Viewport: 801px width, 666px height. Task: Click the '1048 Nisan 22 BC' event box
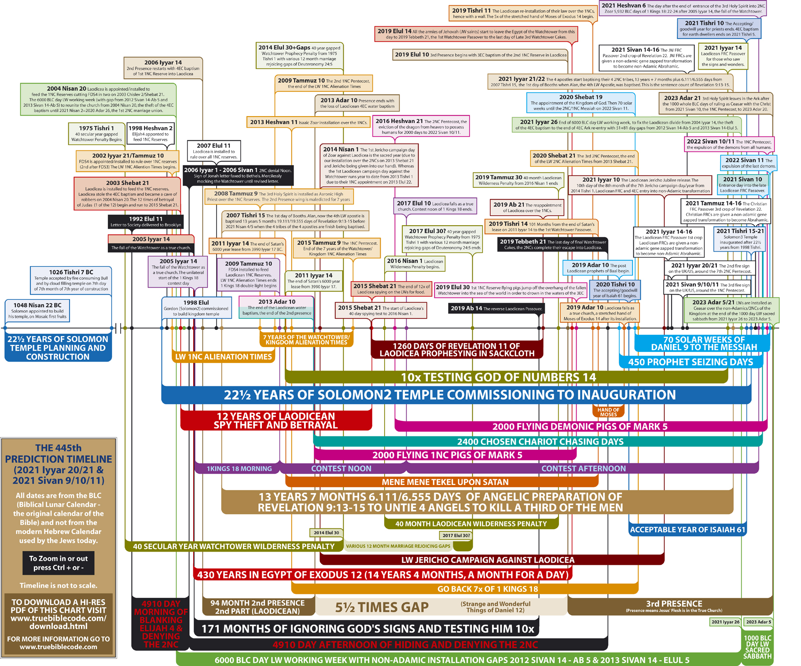click(x=37, y=311)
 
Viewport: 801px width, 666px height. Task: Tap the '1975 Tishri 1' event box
click(x=96, y=133)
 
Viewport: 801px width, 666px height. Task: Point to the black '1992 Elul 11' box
click(x=145, y=221)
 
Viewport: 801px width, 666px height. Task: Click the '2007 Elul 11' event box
click(x=213, y=151)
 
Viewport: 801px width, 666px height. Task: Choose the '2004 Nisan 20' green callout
click(x=98, y=100)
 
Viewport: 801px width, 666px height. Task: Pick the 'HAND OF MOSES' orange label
click(x=608, y=412)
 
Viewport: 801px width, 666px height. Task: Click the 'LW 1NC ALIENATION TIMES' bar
click(x=223, y=357)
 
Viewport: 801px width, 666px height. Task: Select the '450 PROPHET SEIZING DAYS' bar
click(x=690, y=362)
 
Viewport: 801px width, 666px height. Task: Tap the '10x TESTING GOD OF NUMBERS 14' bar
click(x=498, y=377)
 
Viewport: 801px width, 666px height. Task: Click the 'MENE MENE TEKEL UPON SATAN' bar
click(x=445, y=482)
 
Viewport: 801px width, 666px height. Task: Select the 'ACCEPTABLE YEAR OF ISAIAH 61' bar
click(x=687, y=530)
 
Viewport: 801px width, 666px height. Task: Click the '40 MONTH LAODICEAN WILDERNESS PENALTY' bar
click(x=471, y=524)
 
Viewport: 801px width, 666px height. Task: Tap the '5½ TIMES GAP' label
click(x=382, y=607)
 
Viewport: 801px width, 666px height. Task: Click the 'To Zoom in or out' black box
click(x=59, y=563)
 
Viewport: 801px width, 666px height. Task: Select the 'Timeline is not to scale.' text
click(x=59, y=585)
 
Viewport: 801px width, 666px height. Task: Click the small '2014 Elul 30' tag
click(x=326, y=533)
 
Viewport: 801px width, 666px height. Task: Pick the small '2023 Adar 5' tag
click(x=758, y=622)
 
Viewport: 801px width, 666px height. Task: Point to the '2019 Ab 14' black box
click(x=496, y=308)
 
